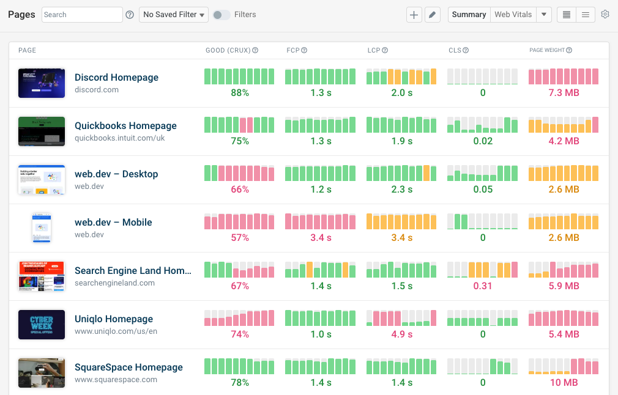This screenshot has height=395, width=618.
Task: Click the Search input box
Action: point(82,15)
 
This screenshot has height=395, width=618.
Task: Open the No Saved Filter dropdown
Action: point(174,15)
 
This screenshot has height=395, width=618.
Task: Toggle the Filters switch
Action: point(222,15)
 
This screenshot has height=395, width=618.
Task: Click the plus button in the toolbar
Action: point(414,15)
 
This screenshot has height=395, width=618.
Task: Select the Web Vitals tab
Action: point(513,15)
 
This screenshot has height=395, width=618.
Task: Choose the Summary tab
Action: point(469,15)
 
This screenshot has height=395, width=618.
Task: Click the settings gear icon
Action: point(605,15)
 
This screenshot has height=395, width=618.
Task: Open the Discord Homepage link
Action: point(116,78)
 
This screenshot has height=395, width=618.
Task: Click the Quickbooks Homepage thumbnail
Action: point(42,131)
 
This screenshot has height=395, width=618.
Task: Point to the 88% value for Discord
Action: point(240,93)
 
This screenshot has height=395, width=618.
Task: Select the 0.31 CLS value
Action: point(483,286)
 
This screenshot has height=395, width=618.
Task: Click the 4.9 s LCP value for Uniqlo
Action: point(402,334)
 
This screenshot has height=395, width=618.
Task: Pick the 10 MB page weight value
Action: point(564,383)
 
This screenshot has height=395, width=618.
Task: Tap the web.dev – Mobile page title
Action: point(113,223)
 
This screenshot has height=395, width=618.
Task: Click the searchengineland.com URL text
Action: point(114,283)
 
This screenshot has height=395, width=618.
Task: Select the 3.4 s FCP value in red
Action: point(321,238)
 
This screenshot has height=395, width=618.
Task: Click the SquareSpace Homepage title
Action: point(128,367)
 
